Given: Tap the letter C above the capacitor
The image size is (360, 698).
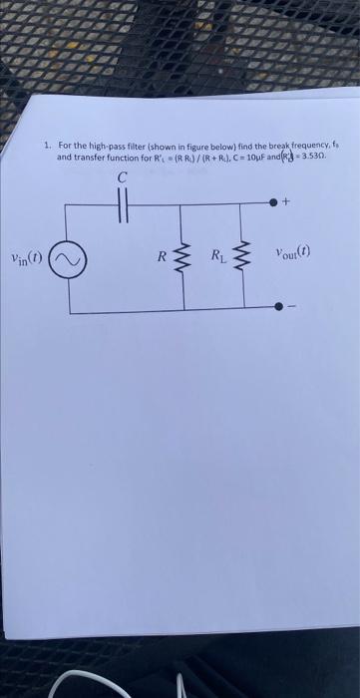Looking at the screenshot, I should [122, 177].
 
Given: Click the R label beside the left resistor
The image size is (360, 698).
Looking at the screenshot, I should [161, 257].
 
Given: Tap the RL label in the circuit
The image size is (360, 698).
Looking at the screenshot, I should [216, 258].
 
